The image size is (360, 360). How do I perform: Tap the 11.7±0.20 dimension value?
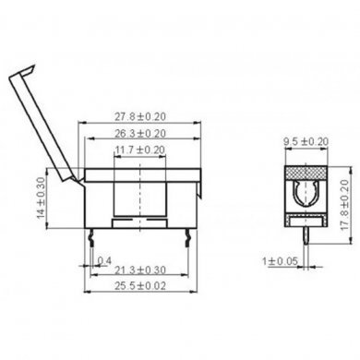coord(139,149)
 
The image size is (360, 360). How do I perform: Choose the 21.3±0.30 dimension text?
coord(140,270)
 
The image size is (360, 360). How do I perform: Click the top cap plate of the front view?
coord(140,172)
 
